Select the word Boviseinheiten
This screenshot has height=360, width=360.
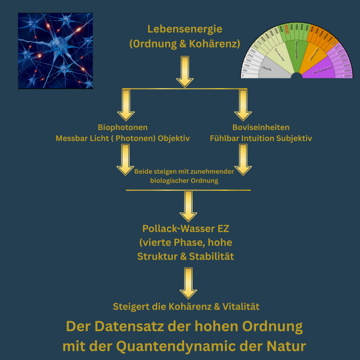click(x=261, y=127)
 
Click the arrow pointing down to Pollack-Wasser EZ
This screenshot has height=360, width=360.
click(x=188, y=205)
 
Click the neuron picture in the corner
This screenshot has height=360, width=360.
click(x=55, y=50)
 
